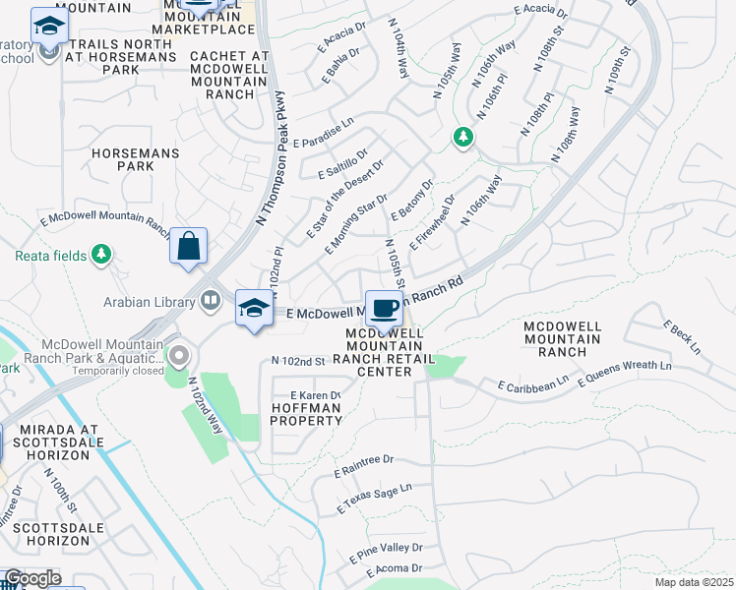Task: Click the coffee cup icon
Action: (x=384, y=309)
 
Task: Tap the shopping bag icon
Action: (x=188, y=246)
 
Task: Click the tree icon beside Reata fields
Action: (x=101, y=256)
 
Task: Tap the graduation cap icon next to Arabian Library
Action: (x=253, y=309)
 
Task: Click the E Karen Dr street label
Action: (x=314, y=396)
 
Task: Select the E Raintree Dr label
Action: (x=363, y=466)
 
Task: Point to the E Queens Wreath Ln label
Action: (x=625, y=372)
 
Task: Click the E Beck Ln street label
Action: (x=681, y=337)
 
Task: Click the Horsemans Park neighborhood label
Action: (x=135, y=159)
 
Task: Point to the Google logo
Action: (x=31, y=578)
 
